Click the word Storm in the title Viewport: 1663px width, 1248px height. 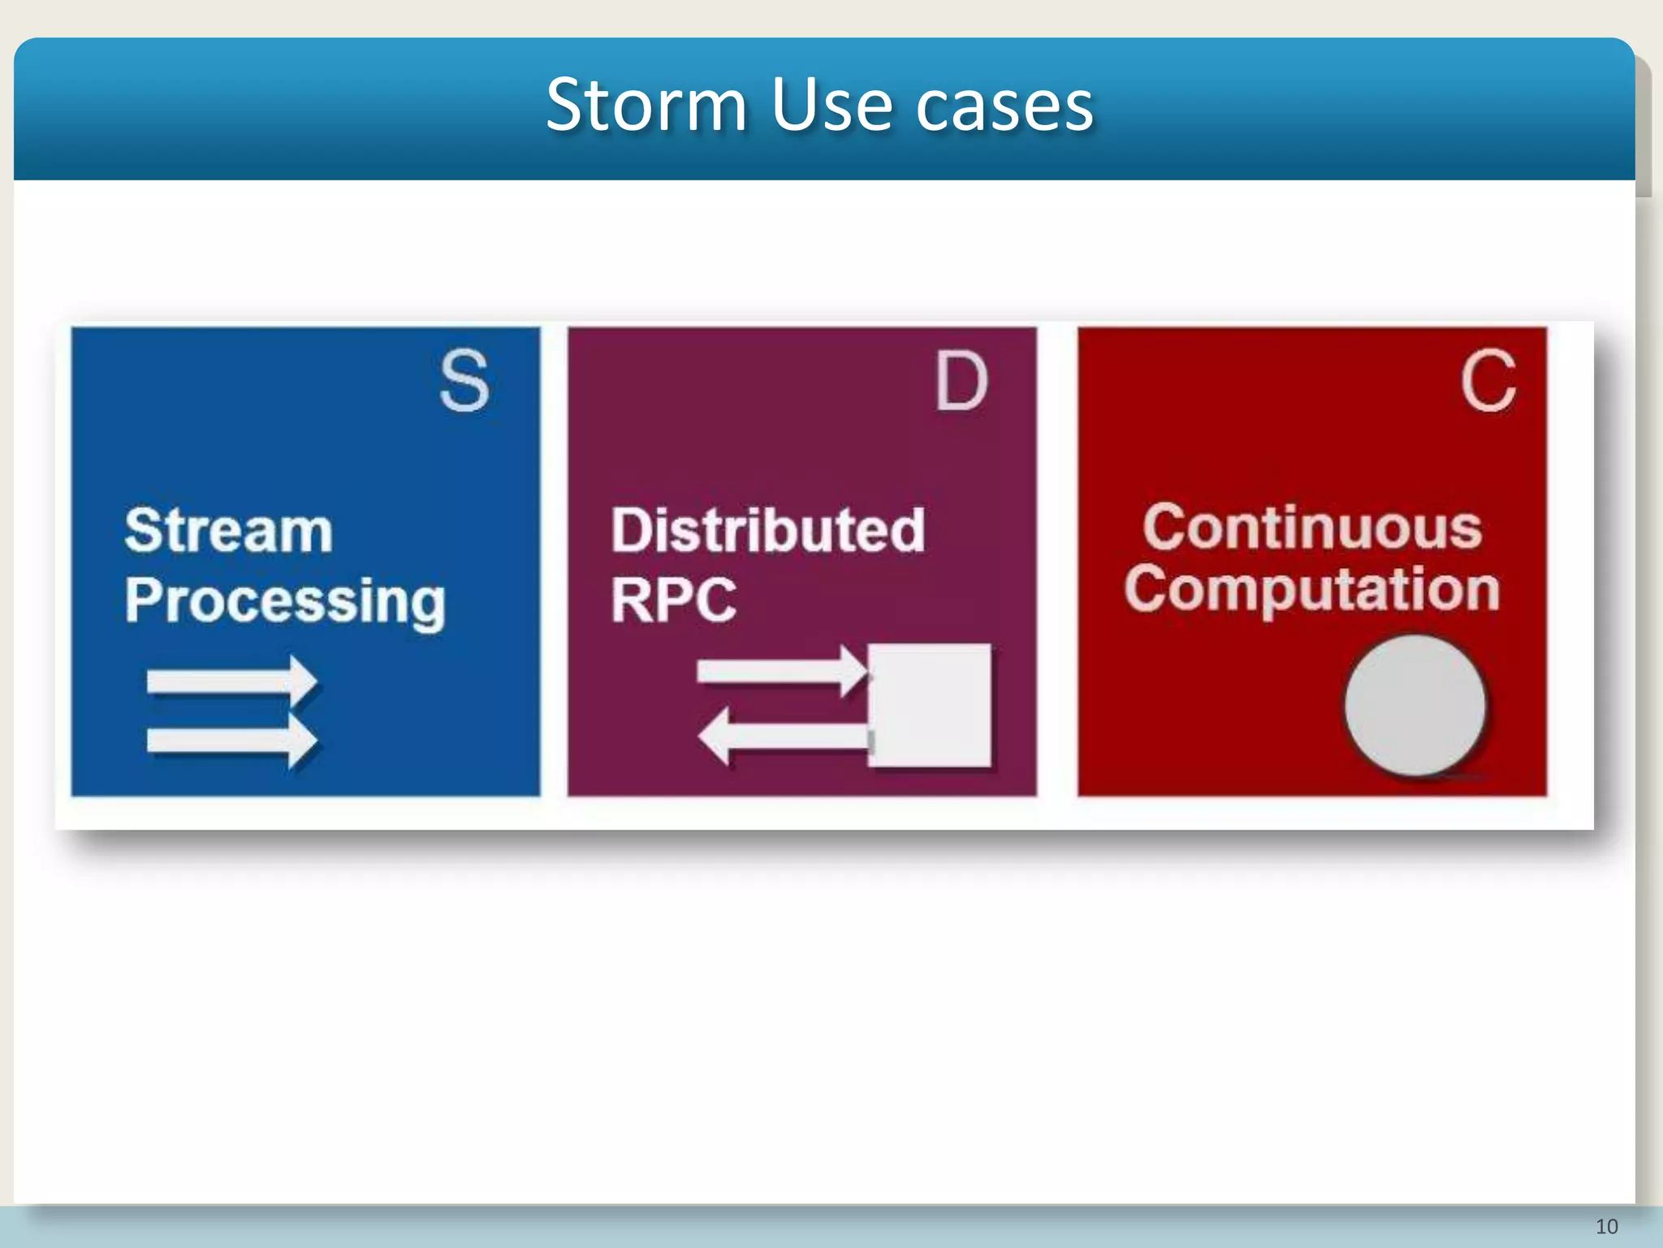pyautogui.click(x=646, y=105)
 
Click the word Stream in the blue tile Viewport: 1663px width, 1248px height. pyautogui.click(x=229, y=531)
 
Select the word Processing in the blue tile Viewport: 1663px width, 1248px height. pyautogui.click(x=285, y=601)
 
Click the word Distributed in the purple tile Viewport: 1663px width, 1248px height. pyautogui.click(x=767, y=531)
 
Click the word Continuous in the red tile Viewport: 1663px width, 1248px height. pyautogui.click(x=1312, y=527)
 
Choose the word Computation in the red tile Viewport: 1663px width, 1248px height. pyautogui.click(x=1311, y=589)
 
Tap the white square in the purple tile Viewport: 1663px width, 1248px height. pyautogui.click(x=931, y=704)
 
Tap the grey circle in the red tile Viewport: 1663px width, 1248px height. pyautogui.click(x=1415, y=705)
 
